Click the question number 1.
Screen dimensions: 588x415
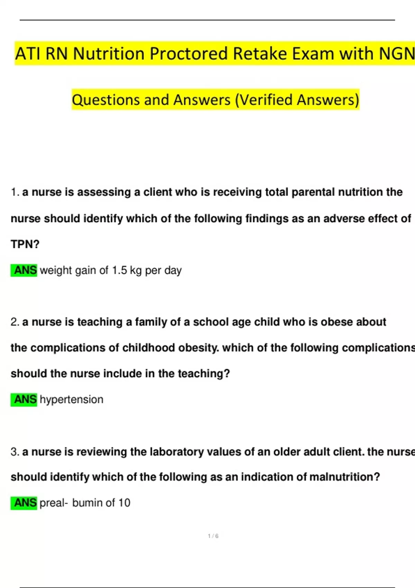pyautogui.click(x=14, y=192)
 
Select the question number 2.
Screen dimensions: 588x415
pyautogui.click(x=15, y=322)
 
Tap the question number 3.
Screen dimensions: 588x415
pyautogui.click(x=15, y=452)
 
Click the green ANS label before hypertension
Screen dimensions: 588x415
pyautogui.click(x=24, y=399)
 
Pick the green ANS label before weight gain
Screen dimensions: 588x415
pyautogui.click(x=24, y=270)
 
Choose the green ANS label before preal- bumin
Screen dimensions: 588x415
pyautogui.click(x=24, y=503)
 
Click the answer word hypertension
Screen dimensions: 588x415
pyautogui.click(x=72, y=399)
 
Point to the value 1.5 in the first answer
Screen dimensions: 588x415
pyautogui.click(x=119, y=270)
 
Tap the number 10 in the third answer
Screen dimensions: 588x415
pyautogui.click(x=124, y=503)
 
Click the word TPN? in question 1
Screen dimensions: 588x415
pyautogui.click(x=25, y=244)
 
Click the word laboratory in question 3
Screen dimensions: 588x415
pyautogui.click(x=177, y=452)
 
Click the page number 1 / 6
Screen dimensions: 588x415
pyautogui.click(x=213, y=536)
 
